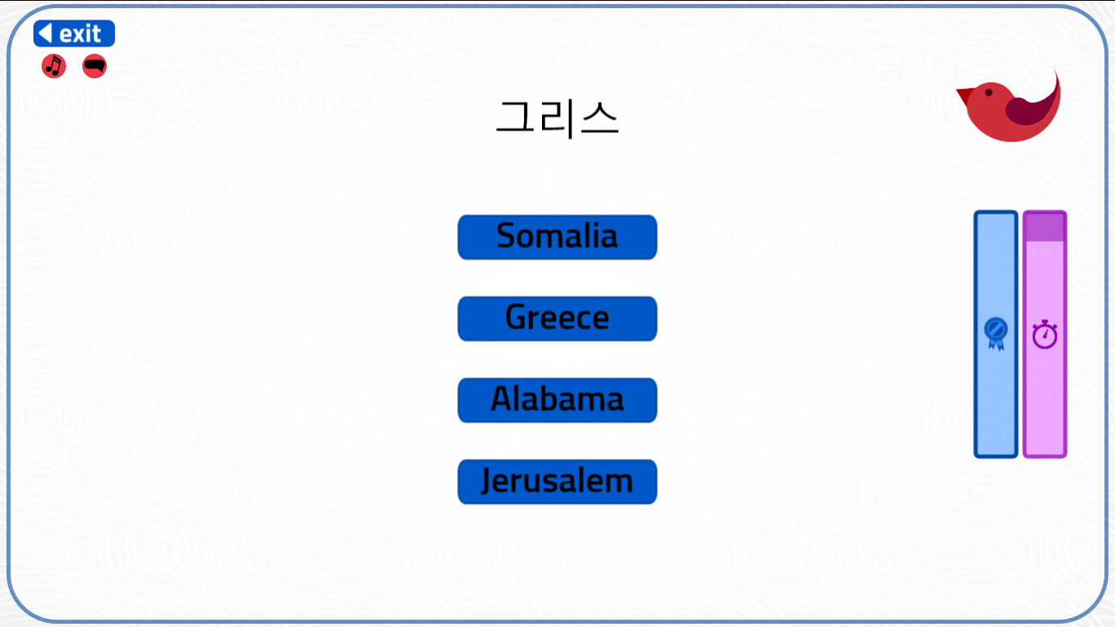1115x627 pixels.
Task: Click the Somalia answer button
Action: [x=557, y=237]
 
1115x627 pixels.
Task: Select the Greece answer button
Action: [x=557, y=318]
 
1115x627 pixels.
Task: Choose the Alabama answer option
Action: [x=557, y=400]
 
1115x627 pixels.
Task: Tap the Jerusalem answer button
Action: [x=557, y=482]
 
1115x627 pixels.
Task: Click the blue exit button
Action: [x=74, y=33]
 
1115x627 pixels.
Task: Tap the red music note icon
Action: [x=54, y=66]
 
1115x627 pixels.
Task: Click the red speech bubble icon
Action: [x=95, y=66]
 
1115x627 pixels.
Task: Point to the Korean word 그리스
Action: [x=557, y=118]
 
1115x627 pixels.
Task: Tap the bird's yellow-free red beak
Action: [x=965, y=95]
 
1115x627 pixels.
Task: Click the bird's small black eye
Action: [x=988, y=92]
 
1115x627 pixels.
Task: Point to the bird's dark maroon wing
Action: [x=1028, y=111]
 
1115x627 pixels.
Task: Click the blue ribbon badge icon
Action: [x=996, y=333]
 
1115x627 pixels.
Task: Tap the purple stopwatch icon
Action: [x=1045, y=335]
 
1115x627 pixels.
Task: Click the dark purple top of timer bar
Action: [x=1045, y=227]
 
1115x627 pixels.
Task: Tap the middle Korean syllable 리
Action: [x=557, y=118]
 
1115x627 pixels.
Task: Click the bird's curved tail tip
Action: [x=1056, y=76]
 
